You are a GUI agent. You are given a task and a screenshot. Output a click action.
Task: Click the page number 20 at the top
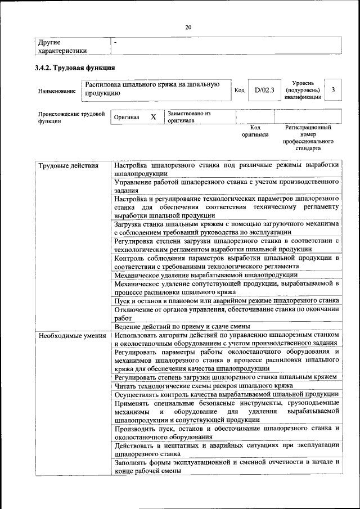pyautogui.click(x=188, y=27)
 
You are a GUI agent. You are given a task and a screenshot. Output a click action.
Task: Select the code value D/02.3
pyautogui.click(x=264, y=90)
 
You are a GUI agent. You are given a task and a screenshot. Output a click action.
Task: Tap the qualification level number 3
pyautogui.click(x=333, y=90)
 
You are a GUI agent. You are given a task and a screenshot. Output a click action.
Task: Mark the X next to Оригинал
pyautogui.click(x=153, y=117)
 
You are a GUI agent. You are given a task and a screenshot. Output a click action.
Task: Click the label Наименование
pyautogui.click(x=57, y=91)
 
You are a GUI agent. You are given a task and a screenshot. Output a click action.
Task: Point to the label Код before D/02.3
pyautogui.click(x=239, y=91)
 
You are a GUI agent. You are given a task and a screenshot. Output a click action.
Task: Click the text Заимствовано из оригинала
pyautogui.click(x=188, y=117)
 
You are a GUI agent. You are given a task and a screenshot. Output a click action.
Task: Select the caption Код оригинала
pyautogui.click(x=255, y=131)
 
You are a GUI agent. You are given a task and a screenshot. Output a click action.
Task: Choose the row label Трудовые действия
pyautogui.click(x=68, y=165)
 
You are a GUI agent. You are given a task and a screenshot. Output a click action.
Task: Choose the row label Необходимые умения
pyautogui.click(x=72, y=336)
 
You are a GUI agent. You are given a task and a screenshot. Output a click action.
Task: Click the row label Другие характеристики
pyautogui.click(x=62, y=46)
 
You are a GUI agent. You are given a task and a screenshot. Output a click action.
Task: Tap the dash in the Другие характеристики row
pyautogui.click(x=115, y=42)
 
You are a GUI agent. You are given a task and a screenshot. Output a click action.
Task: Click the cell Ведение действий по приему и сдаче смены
pyautogui.click(x=182, y=326)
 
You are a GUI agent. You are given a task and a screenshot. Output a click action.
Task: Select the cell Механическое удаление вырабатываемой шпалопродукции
pyautogui.click(x=205, y=275)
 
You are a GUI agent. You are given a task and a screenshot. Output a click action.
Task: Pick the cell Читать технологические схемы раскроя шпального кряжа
pyautogui.click(x=203, y=386)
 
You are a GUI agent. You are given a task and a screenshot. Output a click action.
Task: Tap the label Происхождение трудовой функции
pyautogui.click(x=71, y=117)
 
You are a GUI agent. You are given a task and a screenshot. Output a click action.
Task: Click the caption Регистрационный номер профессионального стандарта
pyautogui.click(x=308, y=138)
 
